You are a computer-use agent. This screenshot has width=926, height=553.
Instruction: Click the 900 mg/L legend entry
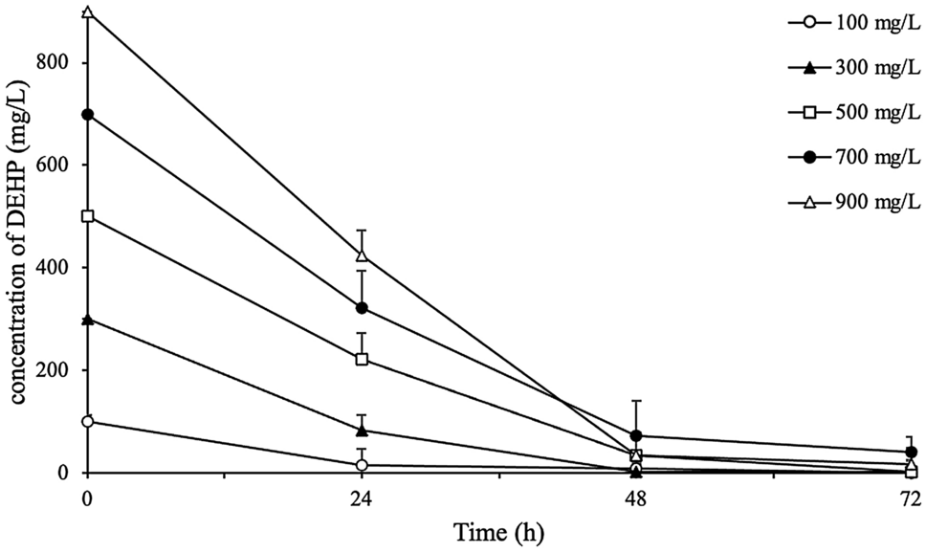tap(854, 202)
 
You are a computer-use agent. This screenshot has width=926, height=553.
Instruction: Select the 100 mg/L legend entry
tap(854, 23)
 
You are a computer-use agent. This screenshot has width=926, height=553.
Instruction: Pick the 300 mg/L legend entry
tap(854, 68)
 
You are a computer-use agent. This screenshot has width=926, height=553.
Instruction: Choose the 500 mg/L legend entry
tap(854, 112)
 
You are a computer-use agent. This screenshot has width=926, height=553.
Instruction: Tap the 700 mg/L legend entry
tap(854, 157)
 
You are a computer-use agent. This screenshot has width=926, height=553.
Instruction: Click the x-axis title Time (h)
tap(497, 532)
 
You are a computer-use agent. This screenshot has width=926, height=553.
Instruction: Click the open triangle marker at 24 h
tap(362, 255)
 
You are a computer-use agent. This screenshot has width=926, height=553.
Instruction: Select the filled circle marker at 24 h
tap(362, 308)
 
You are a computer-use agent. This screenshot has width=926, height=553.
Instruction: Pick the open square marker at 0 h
tap(87, 216)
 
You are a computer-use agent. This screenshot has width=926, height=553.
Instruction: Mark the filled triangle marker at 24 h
tap(362, 431)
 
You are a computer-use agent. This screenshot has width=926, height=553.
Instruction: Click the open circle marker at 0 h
tap(87, 421)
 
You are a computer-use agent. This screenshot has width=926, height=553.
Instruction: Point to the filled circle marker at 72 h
tap(911, 452)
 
